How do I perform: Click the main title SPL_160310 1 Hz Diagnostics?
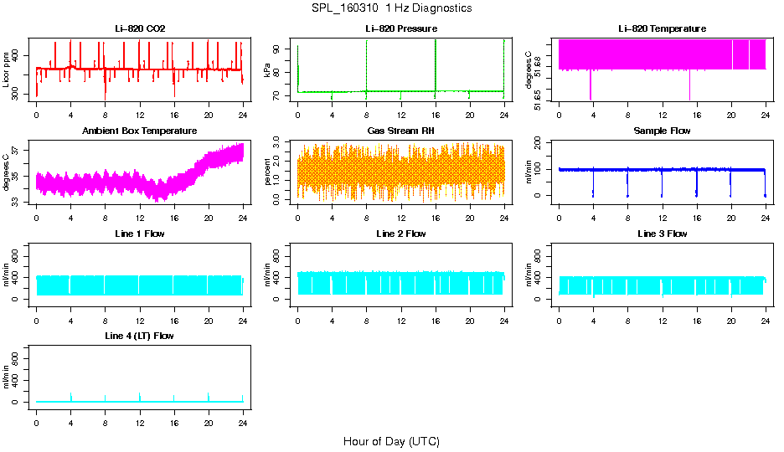[x=391, y=8]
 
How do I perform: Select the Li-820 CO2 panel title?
[x=140, y=29]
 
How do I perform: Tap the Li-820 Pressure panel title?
[x=400, y=29]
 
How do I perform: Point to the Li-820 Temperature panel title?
[x=662, y=29]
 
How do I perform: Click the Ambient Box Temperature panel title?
[x=140, y=131]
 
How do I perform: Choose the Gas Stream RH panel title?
[x=400, y=131]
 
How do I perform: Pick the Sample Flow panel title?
[x=662, y=131]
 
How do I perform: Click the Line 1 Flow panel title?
[x=140, y=234]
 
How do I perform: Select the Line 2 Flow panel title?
[x=400, y=234]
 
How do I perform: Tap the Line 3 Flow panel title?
[x=662, y=234]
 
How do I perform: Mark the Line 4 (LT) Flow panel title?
[x=140, y=336]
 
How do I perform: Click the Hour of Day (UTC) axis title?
[x=391, y=441]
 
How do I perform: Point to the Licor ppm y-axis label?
[x=7, y=69]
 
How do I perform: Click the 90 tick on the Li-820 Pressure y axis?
[x=280, y=49]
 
